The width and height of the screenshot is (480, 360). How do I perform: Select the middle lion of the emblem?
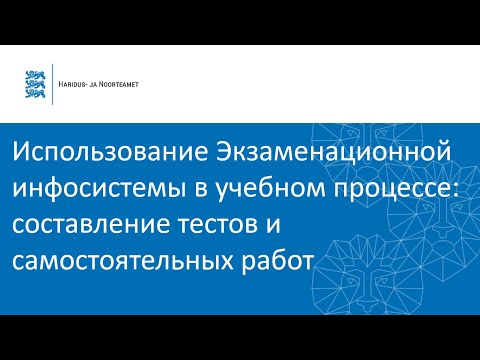34,84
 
